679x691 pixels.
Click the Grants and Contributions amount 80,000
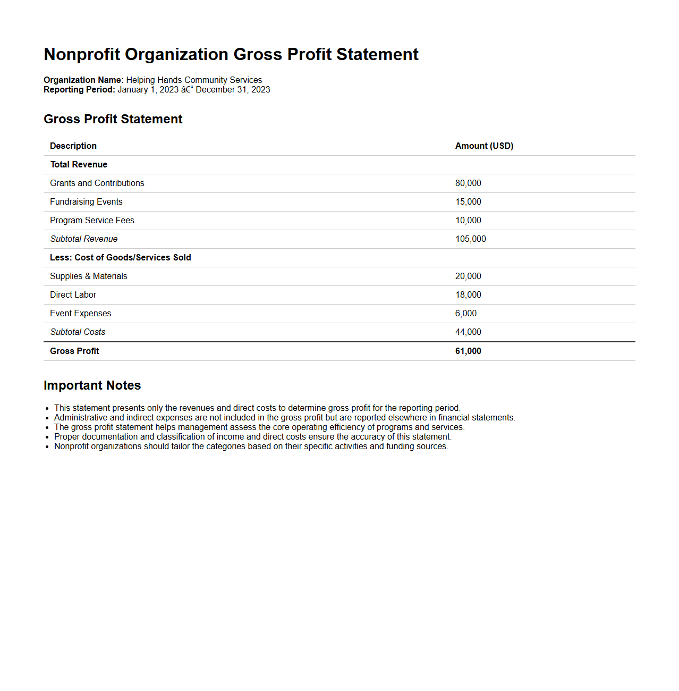coord(468,183)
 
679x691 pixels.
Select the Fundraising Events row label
coord(86,201)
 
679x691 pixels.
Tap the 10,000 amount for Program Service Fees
coord(468,220)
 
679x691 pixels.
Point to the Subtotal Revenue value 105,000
coord(470,239)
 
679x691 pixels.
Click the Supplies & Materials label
coord(89,276)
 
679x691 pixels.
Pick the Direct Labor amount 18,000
coord(468,294)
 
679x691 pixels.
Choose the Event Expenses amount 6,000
coord(466,313)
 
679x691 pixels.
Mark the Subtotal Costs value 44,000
coord(468,332)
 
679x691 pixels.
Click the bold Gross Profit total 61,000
coord(468,351)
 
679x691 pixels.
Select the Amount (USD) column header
coord(484,146)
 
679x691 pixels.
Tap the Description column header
coord(73,146)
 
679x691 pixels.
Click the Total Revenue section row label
coord(79,164)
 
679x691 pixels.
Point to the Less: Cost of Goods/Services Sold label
coord(121,257)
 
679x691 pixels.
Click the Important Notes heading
coord(92,385)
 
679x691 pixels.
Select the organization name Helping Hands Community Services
coord(194,80)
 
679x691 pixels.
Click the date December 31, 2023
coord(233,89)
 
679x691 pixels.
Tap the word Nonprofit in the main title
coord(82,54)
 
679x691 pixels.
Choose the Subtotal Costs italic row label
coord(78,332)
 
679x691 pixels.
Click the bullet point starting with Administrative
coord(284,417)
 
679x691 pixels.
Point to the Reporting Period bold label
coord(79,89)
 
